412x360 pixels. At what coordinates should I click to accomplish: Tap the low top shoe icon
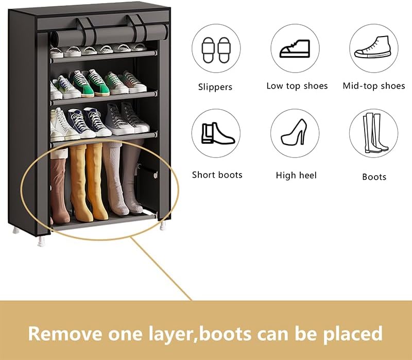[295, 49]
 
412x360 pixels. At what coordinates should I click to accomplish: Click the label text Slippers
[215, 87]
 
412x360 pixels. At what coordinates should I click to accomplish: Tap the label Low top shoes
[297, 86]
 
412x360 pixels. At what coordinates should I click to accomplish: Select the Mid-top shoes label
[374, 86]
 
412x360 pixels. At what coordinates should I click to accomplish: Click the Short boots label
[217, 175]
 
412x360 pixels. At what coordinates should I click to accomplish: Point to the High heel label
[296, 175]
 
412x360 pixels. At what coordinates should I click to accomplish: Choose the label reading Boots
[374, 177]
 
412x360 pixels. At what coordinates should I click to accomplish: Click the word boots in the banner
[227, 333]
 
